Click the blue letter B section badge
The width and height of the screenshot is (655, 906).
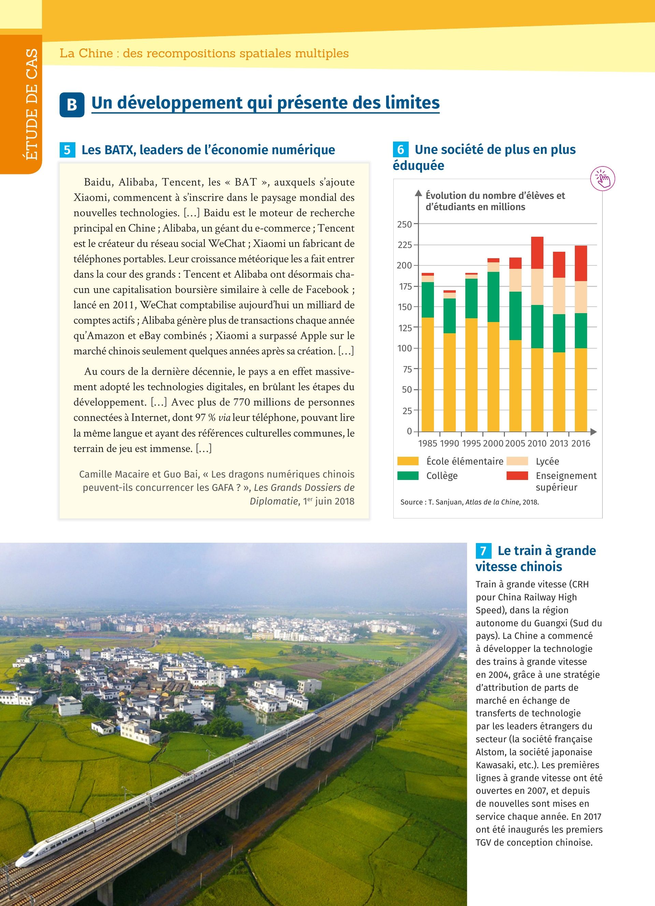pos(72,105)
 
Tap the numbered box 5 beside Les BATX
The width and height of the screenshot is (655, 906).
pos(67,150)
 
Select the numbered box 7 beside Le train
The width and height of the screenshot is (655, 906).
pos(483,551)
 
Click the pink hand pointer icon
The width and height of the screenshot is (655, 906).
pos(603,178)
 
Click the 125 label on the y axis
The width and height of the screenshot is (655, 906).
pos(404,328)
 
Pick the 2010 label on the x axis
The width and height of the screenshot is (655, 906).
pos(536,443)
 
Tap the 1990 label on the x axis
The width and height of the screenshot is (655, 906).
pos(449,443)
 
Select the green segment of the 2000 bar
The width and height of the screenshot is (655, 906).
pos(493,297)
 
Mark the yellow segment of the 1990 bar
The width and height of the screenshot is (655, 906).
pos(450,382)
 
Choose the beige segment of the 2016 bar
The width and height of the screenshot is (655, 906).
pos(580,297)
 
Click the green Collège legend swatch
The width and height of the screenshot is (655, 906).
pos(408,476)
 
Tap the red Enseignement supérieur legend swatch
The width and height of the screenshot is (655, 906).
pos(517,476)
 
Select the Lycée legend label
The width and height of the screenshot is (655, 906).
pos(547,462)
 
